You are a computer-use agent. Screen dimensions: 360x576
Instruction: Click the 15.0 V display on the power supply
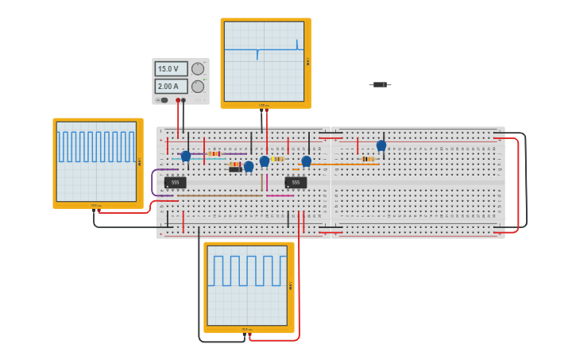[x=171, y=69]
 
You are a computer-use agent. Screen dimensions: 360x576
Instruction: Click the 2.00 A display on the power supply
[x=171, y=86]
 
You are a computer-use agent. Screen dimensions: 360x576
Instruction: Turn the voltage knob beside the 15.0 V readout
[x=198, y=69]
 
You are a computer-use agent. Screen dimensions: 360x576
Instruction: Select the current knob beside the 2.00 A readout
[x=198, y=86]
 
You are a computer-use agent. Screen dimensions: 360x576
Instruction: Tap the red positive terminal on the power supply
[x=178, y=100]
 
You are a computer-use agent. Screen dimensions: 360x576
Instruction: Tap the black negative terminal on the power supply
[x=184, y=100]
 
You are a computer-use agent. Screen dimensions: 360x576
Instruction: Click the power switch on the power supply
[x=164, y=100]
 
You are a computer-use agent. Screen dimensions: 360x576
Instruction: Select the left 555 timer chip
[x=176, y=183]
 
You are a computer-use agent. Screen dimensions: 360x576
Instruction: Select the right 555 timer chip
[x=296, y=183]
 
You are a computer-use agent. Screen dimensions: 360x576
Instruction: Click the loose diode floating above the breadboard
[x=380, y=84]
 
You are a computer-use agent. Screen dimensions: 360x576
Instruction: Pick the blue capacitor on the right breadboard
[x=381, y=145]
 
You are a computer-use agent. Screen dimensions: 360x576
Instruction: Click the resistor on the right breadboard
[x=368, y=159]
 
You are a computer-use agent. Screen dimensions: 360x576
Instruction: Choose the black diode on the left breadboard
[x=235, y=169]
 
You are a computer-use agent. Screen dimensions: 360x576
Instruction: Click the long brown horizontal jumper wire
[x=220, y=195]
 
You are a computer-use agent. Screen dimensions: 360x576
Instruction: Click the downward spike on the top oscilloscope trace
[x=257, y=56]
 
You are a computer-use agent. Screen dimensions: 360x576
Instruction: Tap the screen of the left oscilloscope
[x=96, y=161]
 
